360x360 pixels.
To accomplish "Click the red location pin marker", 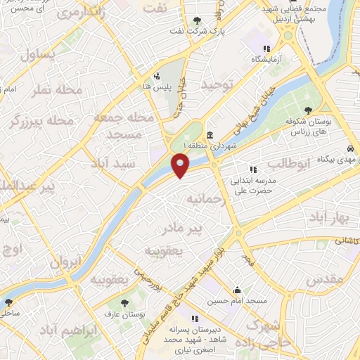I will coord(181,165).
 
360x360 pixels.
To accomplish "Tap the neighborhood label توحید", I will coord(217,84).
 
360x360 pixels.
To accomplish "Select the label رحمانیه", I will coord(205,199).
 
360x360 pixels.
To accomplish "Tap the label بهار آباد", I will coord(333,218).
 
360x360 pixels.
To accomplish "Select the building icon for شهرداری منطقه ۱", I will coord(210,135).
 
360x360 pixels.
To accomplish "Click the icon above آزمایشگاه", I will coord(266,49).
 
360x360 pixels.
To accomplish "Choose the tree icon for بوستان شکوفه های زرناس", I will coord(308,110).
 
